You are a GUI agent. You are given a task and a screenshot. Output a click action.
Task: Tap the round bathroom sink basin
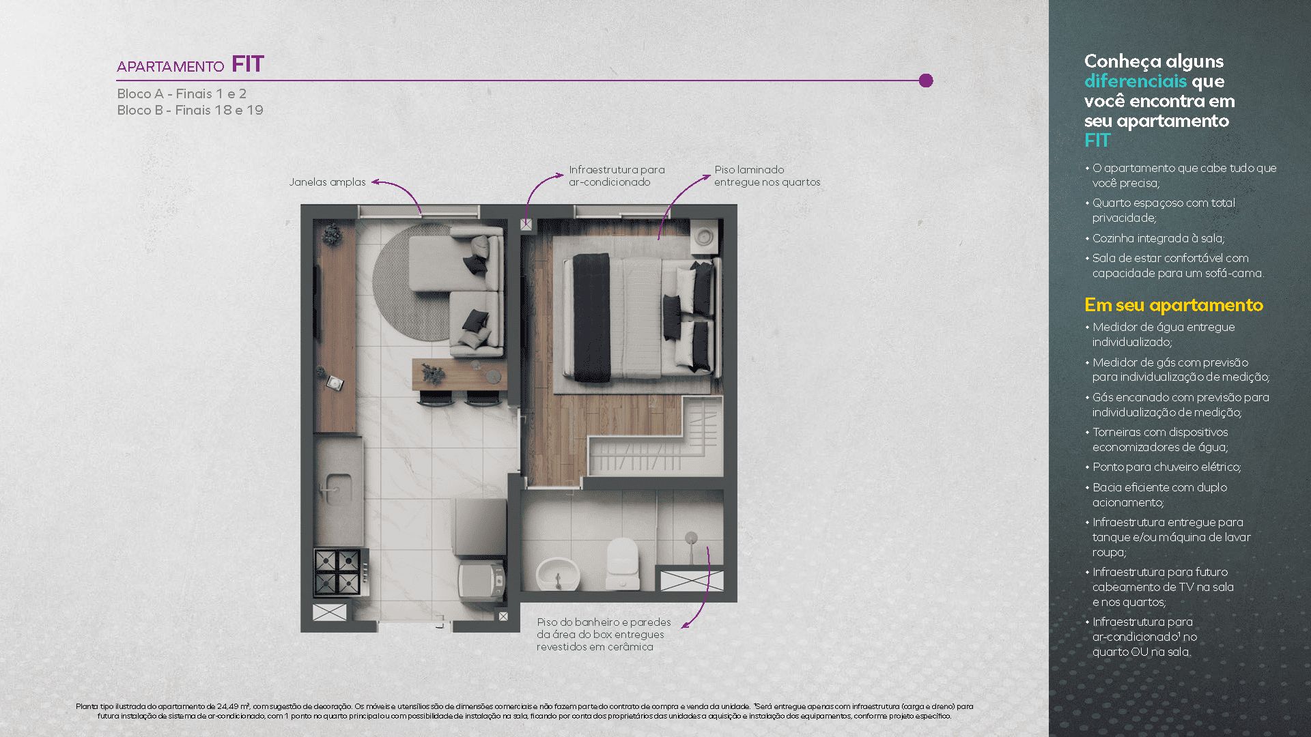click(559, 574)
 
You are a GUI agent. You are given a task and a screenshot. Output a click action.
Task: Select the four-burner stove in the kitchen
click(338, 572)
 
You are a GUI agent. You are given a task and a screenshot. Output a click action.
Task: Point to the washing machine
click(481, 580)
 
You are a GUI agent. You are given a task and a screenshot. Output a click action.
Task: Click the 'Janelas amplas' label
click(327, 182)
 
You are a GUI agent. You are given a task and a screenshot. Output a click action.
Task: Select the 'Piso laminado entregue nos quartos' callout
click(767, 176)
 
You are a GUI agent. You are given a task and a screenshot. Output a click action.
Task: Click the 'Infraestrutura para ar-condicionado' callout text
click(617, 176)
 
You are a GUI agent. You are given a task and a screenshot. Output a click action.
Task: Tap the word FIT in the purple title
click(248, 64)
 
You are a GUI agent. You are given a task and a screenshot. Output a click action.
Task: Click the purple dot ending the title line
click(926, 81)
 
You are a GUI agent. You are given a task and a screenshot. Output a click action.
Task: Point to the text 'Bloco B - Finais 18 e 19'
click(190, 110)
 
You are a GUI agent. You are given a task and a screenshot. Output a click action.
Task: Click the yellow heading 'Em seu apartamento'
click(1174, 305)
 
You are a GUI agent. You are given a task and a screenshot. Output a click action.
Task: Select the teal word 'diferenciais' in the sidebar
click(1136, 81)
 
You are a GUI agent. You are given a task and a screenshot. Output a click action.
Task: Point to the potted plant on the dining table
click(432, 373)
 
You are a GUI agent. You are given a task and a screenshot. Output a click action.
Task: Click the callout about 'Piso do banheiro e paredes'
click(604, 635)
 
